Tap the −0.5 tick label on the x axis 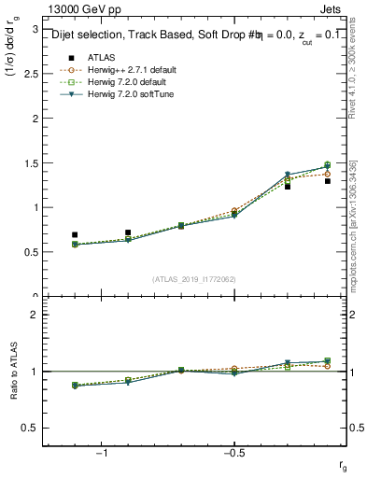[234, 453]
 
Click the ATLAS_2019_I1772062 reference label [195, 279]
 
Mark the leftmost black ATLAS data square [75, 234]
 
